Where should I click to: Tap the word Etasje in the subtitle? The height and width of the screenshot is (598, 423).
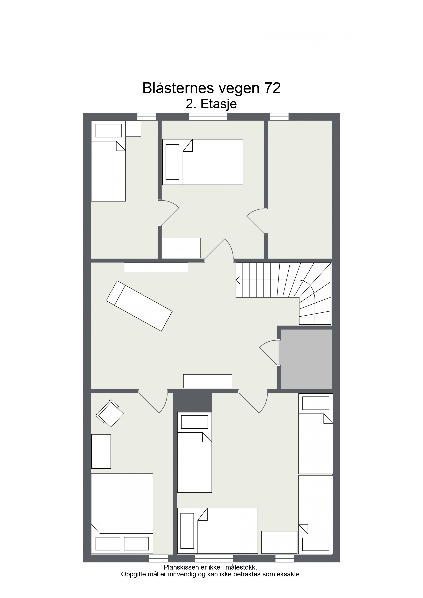point(218,104)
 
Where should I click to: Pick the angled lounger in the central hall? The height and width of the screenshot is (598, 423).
point(139,306)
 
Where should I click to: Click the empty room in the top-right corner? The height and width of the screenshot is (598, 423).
point(300,189)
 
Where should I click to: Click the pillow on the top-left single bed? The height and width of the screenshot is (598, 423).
point(108,130)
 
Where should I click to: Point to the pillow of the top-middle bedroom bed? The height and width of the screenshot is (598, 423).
point(172,162)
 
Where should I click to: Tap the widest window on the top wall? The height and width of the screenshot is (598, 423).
point(208,116)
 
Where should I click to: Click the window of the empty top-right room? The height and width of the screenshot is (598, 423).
point(279,116)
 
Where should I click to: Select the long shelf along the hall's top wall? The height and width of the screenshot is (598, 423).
point(156,267)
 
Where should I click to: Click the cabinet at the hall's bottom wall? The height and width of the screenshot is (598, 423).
point(208,381)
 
